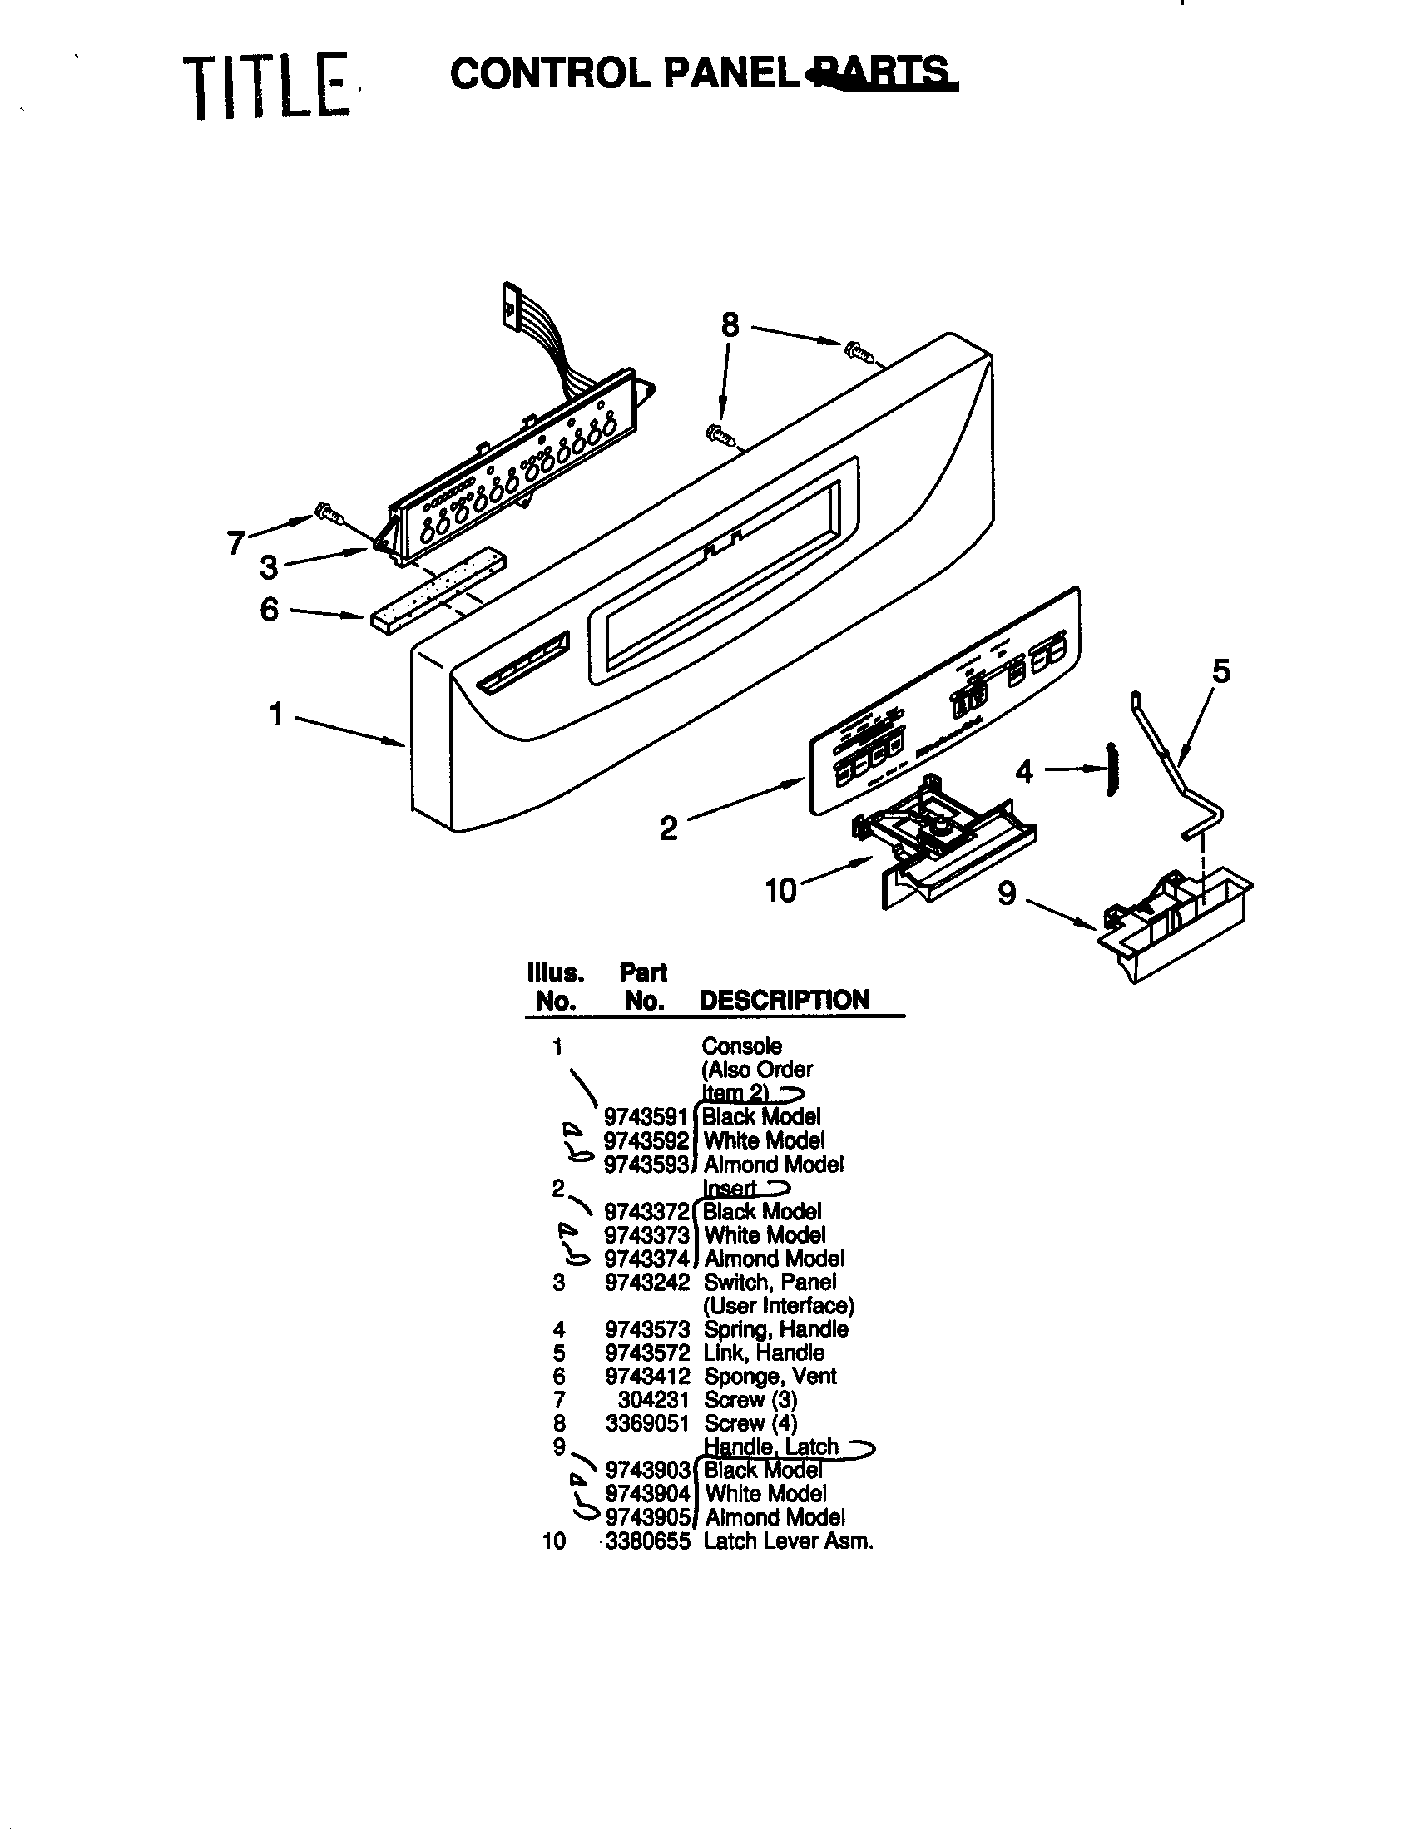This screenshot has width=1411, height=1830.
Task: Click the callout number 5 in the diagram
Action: [1221, 671]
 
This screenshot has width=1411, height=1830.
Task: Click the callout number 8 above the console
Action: [730, 325]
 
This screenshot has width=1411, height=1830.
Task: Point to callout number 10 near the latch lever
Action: [780, 890]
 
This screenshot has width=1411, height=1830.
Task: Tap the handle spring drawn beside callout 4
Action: [1111, 769]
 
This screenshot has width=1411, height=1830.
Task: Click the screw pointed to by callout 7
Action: [328, 512]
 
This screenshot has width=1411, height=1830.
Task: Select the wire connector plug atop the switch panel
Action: [510, 301]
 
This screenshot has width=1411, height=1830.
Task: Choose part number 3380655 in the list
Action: [647, 1541]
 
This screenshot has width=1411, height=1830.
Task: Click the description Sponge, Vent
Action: [770, 1376]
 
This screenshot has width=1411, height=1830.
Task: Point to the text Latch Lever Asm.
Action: [789, 1541]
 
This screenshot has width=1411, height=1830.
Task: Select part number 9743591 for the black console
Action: [645, 1117]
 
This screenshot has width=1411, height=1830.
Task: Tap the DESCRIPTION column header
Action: [785, 1000]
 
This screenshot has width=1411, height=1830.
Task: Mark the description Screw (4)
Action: [750, 1422]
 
